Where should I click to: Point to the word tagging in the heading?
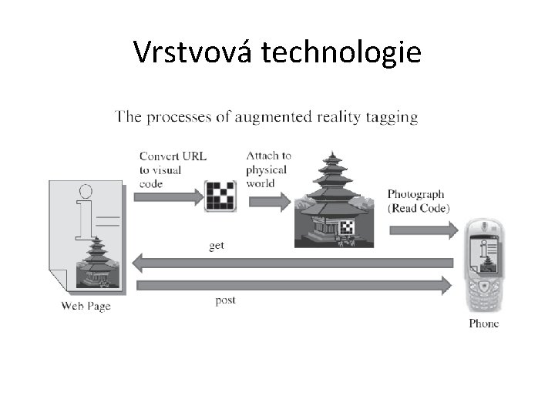coord(390,117)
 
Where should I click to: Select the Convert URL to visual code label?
coord(172,169)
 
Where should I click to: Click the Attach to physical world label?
coord(268,169)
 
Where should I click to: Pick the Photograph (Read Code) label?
coord(419,201)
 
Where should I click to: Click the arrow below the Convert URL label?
coord(169,197)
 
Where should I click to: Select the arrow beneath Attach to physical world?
coord(268,202)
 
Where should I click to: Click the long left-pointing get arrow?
coord(293,263)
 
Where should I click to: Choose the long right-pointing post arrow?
coord(293,285)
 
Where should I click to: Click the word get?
coord(217,246)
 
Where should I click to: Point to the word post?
coord(225,300)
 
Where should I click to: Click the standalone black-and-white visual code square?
coord(220,196)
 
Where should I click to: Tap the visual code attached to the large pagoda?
coord(347,226)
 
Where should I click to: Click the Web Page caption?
coord(86,306)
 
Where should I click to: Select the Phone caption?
coord(483,323)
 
